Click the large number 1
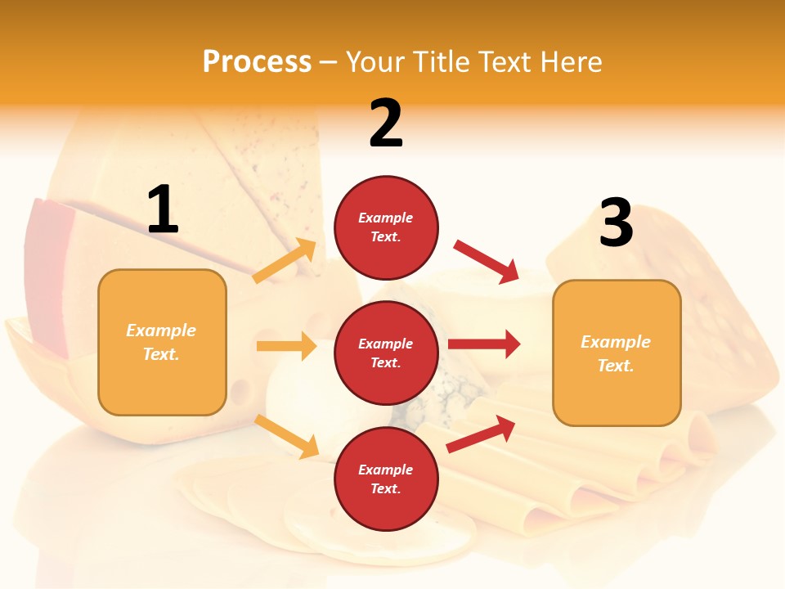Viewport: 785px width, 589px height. (x=163, y=210)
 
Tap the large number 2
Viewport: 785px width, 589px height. (x=386, y=124)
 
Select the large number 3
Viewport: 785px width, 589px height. (x=616, y=223)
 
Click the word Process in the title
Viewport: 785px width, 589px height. (x=257, y=61)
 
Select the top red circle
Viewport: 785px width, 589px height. (x=386, y=227)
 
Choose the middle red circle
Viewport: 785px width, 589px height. (x=386, y=353)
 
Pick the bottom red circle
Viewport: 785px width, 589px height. (x=386, y=479)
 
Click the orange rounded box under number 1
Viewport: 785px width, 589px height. (x=162, y=342)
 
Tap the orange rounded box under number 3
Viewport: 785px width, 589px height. (x=616, y=353)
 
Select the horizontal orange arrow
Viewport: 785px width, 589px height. (x=286, y=346)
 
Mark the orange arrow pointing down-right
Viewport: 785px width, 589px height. (x=287, y=436)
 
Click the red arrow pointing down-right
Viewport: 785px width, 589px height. (x=487, y=261)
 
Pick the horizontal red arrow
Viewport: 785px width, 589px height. (x=484, y=344)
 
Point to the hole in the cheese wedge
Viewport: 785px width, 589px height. (x=241, y=387)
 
